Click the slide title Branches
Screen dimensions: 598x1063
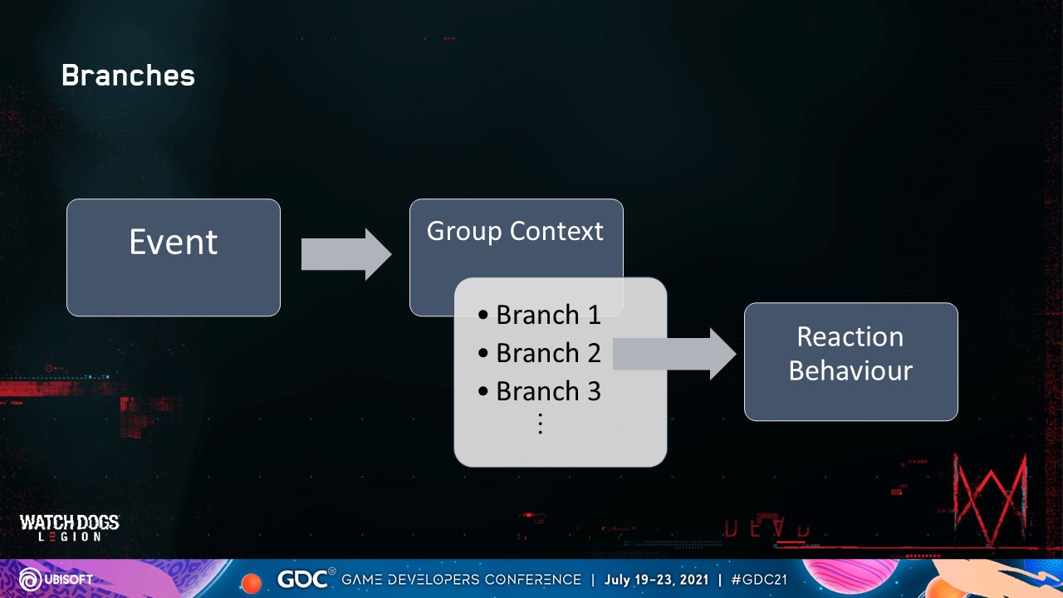(128, 76)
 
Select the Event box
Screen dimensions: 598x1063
(174, 257)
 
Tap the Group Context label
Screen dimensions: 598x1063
(515, 231)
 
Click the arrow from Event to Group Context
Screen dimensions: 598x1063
(345, 254)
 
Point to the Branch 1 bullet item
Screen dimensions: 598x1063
(540, 315)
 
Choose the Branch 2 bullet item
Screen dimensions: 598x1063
(540, 353)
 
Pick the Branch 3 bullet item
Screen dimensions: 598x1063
(540, 391)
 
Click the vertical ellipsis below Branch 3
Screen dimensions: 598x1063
(540, 424)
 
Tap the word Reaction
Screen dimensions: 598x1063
(850, 336)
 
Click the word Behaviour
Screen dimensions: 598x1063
(850, 370)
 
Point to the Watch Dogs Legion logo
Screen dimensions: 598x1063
(70, 527)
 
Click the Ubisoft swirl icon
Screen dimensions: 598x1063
(29, 579)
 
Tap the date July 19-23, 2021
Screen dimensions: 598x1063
(655, 579)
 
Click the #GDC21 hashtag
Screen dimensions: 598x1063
(759, 579)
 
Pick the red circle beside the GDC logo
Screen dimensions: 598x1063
(251, 581)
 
